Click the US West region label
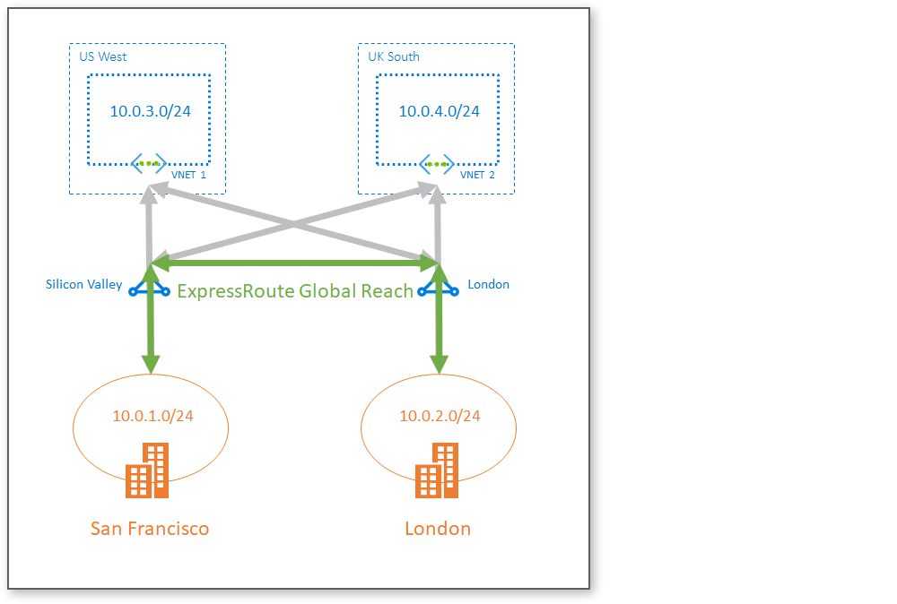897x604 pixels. (x=103, y=56)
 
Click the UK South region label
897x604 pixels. (x=394, y=56)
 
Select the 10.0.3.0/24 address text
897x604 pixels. (x=151, y=112)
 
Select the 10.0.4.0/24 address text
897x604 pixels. (x=440, y=112)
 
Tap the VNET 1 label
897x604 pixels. (x=188, y=176)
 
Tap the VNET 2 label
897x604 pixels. (x=477, y=176)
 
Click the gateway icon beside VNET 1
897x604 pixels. (x=149, y=164)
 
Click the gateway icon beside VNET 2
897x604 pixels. (x=437, y=164)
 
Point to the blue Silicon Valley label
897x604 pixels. (x=83, y=285)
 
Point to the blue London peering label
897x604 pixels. (x=488, y=285)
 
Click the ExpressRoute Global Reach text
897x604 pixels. (x=295, y=291)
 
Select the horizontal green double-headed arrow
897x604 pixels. (x=295, y=263)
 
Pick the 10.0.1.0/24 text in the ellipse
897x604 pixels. (x=152, y=416)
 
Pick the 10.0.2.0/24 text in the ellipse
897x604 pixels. (x=440, y=416)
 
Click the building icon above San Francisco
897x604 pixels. (x=148, y=471)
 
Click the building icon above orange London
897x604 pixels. (x=438, y=471)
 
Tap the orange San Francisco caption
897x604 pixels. (x=150, y=528)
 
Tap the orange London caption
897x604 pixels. (x=438, y=528)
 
